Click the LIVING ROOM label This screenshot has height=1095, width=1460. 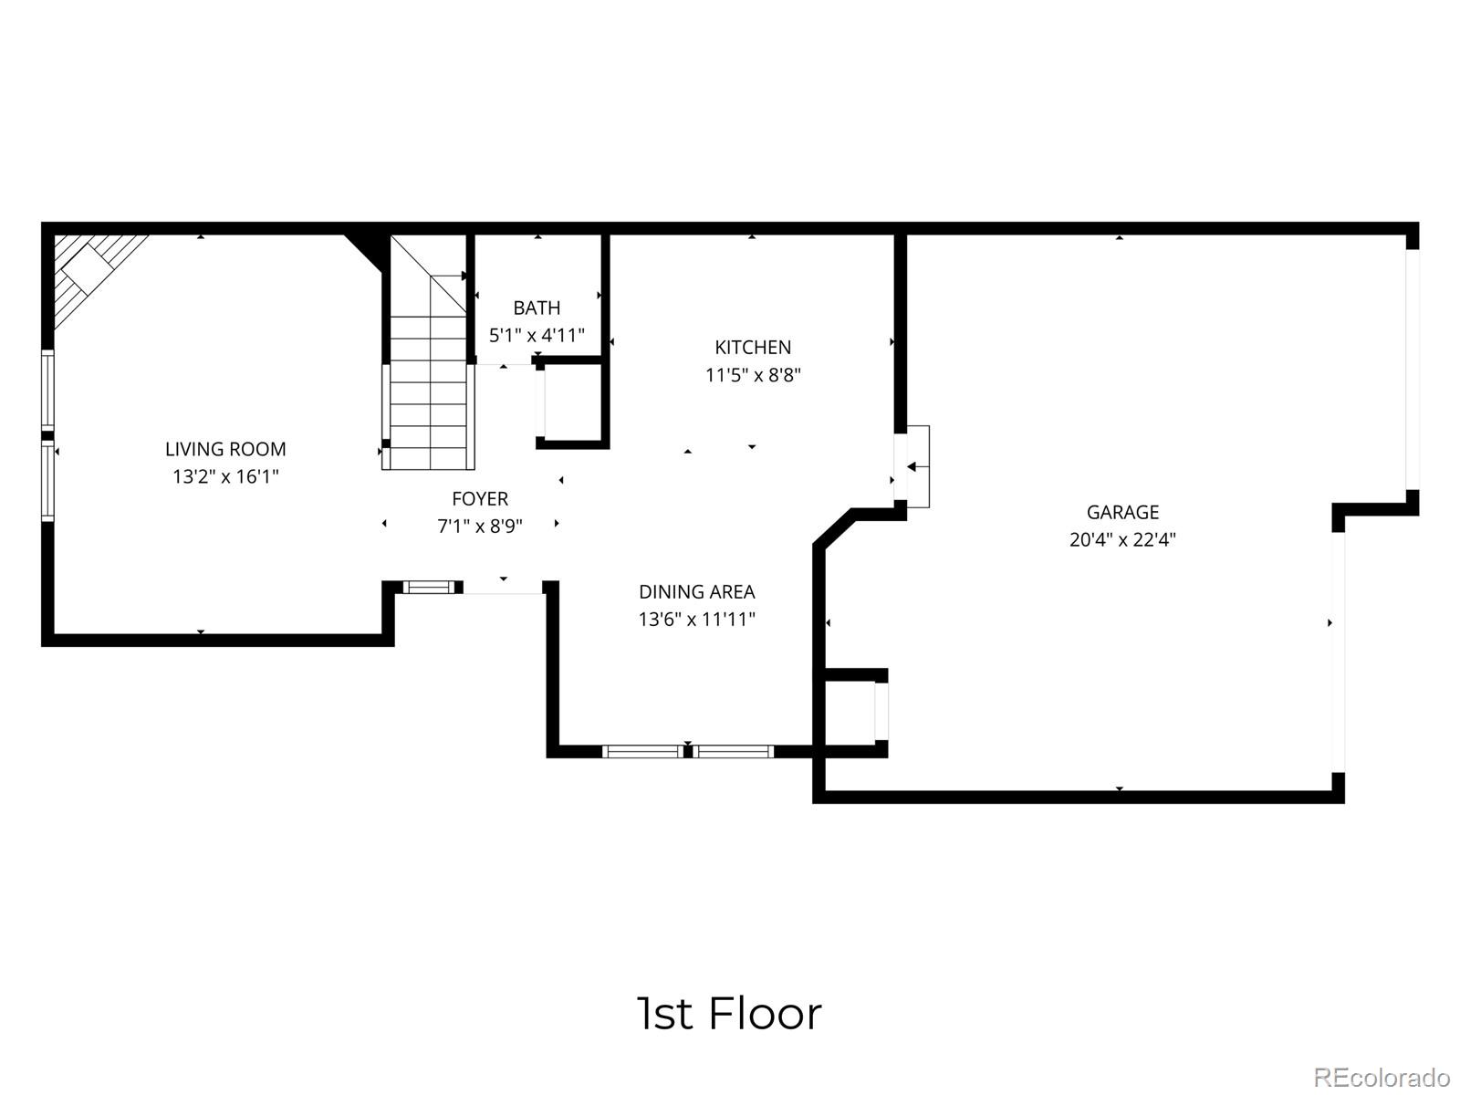(225, 449)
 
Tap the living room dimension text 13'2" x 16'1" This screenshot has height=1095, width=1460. (225, 476)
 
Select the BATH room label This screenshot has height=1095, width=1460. (537, 308)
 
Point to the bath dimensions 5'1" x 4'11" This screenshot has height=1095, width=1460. (537, 335)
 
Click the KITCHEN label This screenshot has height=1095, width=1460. (753, 347)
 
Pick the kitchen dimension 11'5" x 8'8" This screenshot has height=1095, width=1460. (753, 375)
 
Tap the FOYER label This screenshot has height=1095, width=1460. (480, 498)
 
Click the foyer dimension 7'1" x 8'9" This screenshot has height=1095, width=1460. (480, 527)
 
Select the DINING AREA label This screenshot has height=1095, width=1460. (697, 591)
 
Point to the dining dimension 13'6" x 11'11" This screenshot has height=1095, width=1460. (697, 620)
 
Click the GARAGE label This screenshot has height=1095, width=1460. (1122, 512)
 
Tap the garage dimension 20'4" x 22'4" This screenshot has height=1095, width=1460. (1122, 539)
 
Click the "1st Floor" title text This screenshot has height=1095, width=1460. (728, 1014)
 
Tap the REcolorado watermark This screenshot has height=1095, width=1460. (1382, 1077)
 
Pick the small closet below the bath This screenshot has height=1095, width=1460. (572, 402)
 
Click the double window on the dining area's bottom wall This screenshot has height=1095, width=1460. (688, 752)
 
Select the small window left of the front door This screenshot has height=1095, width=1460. (429, 587)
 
